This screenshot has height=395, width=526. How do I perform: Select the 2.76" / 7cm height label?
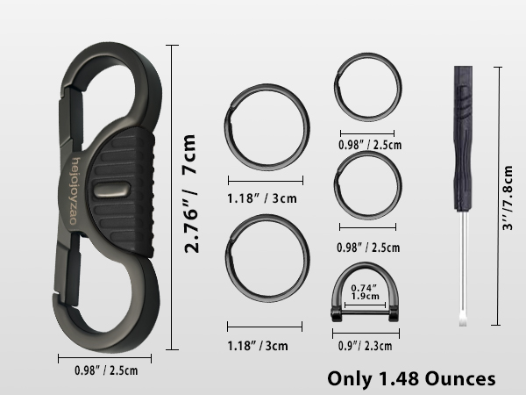click(190, 193)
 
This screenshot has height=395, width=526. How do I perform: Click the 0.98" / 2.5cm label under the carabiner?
click(106, 370)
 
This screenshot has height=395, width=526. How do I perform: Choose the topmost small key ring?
click(336, 87)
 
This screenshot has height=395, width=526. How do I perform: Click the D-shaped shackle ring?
click(365, 265)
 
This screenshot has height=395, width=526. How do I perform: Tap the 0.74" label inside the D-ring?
click(364, 288)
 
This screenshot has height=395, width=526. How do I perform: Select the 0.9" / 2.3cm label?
click(366, 346)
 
